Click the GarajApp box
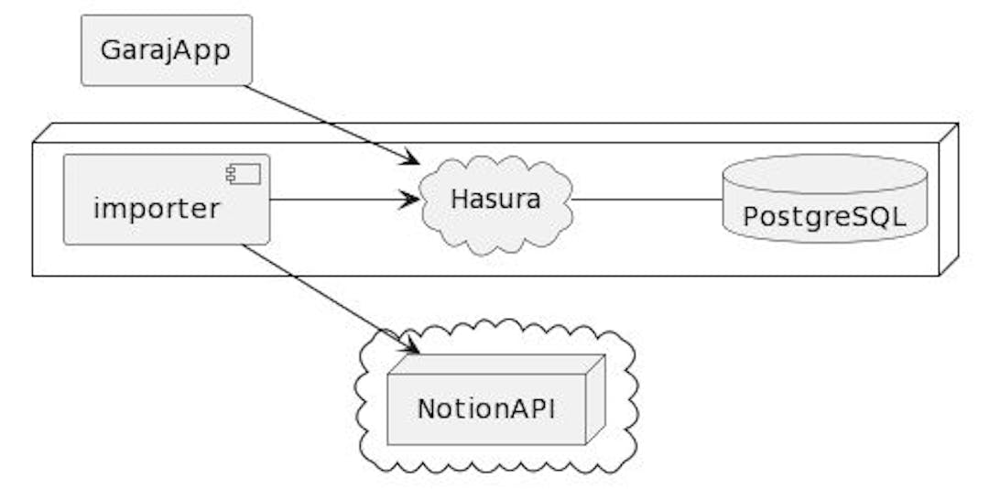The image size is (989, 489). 166,50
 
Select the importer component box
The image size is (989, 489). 166,200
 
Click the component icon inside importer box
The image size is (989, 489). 245,174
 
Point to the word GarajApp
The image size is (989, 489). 165,50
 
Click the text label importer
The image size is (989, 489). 157,209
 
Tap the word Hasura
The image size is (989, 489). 495,199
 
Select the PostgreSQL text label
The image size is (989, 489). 824,217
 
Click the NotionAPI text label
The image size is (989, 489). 485,408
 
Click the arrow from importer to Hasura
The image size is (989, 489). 339,200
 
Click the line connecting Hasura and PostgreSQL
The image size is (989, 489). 646,200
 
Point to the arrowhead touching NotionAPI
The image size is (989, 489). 409,345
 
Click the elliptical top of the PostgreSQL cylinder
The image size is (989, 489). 824,172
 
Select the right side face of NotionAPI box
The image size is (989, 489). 595,398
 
